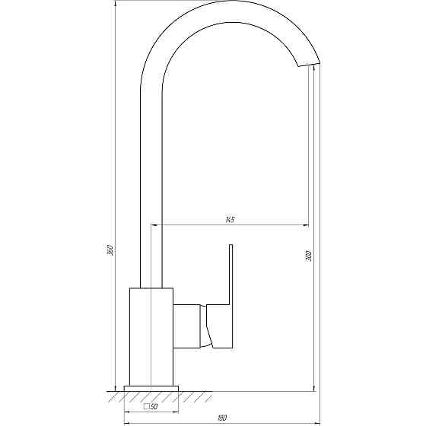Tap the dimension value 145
click(229, 220)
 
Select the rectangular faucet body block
click(152, 335)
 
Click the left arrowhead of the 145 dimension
click(156, 225)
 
